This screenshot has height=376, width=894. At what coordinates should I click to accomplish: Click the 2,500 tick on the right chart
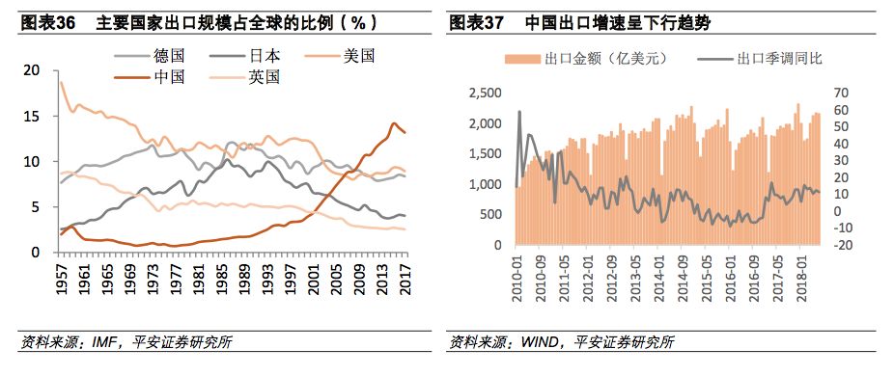pyautogui.click(x=485, y=93)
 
